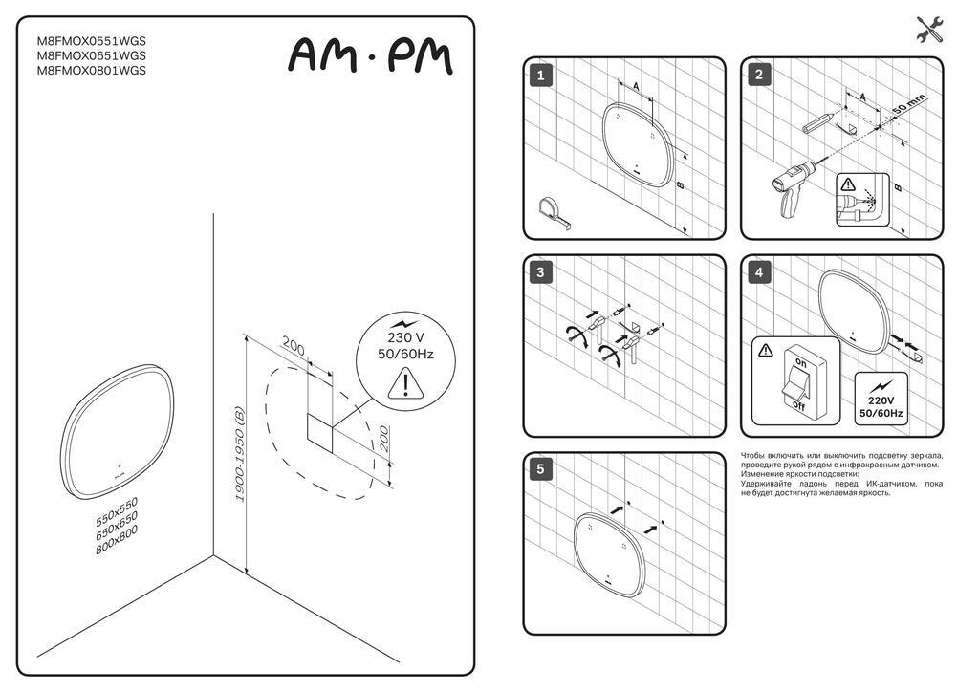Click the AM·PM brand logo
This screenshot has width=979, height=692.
[x=371, y=56]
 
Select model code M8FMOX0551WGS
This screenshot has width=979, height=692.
[x=92, y=41]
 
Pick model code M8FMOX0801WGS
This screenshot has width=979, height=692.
[x=92, y=71]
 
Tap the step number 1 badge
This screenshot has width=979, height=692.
[x=541, y=76]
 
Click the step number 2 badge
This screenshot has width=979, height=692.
[x=758, y=75]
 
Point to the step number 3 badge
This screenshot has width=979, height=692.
[x=541, y=272]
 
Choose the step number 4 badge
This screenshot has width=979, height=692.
[x=758, y=272]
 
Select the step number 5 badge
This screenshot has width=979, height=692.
[x=541, y=469]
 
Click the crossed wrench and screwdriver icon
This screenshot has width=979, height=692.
[x=930, y=30]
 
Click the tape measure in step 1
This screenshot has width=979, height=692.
[x=554, y=213]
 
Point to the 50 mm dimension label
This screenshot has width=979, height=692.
[x=908, y=103]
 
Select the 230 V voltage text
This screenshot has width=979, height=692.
[x=405, y=337]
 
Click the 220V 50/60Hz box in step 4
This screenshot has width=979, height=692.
[x=881, y=399]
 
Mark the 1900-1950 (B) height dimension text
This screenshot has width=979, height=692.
[x=238, y=454]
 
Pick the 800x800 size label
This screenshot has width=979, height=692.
[x=117, y=540]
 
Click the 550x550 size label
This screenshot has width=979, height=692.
[x=117, y=511]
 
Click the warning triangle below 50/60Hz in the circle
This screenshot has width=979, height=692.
[x=405, y=383]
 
